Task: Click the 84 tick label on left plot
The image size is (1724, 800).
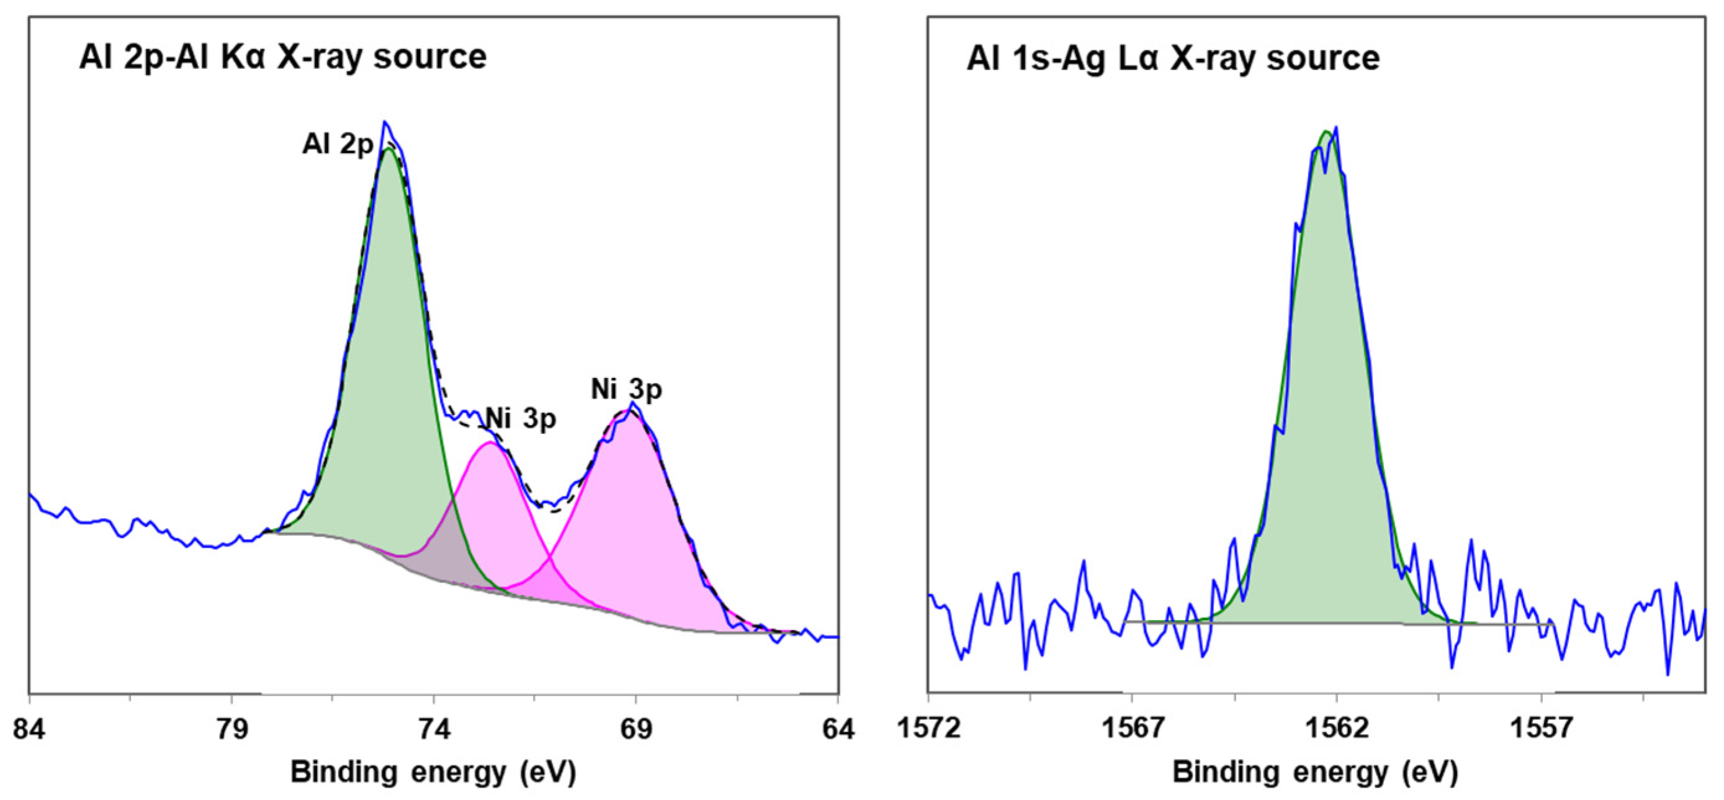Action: tap(29, 729)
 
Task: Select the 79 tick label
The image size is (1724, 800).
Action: tap(231, 729)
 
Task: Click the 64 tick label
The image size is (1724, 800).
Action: tap(838, 729)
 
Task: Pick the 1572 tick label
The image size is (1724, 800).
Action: tap(929, 729)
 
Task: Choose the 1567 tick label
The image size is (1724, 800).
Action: tap(1132, 729)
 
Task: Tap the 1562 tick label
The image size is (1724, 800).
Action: tap(1337, 729)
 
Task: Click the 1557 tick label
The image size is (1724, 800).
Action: tap(1542, 729)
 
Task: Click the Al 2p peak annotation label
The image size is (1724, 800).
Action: tap(338, 144)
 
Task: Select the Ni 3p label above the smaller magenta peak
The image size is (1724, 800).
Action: tap(521, 418)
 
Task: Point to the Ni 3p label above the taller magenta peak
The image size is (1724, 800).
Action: tap(626, 389)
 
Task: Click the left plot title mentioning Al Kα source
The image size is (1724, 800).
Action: tap(282, 57)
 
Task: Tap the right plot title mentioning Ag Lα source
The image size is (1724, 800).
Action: tap(1172, 58)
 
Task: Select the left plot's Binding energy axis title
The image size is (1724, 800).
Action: tap(433, 772)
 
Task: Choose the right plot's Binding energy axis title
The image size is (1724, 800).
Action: tap(1314, 772)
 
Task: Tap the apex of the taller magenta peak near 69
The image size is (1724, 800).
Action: tap(629, 410)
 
